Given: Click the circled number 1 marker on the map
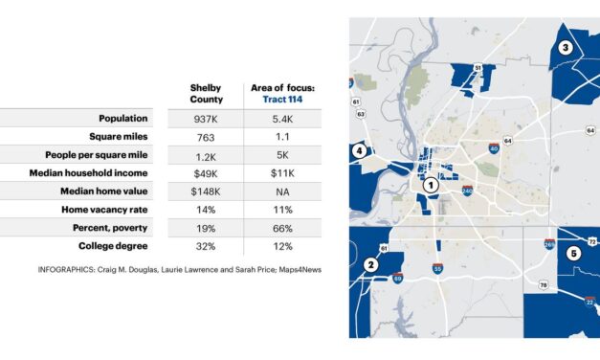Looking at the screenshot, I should click(x=432, y=185).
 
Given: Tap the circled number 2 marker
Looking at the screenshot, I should click(x=370, y=264).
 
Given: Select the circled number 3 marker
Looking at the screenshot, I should click(x=565, y=48).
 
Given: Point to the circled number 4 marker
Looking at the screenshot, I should click(x=359, y=150).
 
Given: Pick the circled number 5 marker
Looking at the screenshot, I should click(x=573, y=254).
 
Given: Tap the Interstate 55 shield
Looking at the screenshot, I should click(x=437, y=271).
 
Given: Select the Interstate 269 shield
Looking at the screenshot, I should click(x=550, y=244).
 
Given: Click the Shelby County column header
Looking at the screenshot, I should click(x=205, y=93).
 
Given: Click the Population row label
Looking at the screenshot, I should click(x=123, y=119).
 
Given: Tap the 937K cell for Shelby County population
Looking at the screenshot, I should click(x=205, y=119).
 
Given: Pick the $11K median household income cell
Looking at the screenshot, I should click(x=282, y=172).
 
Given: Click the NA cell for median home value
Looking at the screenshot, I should click(x=282, y=191).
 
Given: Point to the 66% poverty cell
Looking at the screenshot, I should click(x=282, y=227).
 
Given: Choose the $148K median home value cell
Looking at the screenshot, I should click(x=205, y=191).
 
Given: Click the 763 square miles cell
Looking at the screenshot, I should click(x=205, y=137).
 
